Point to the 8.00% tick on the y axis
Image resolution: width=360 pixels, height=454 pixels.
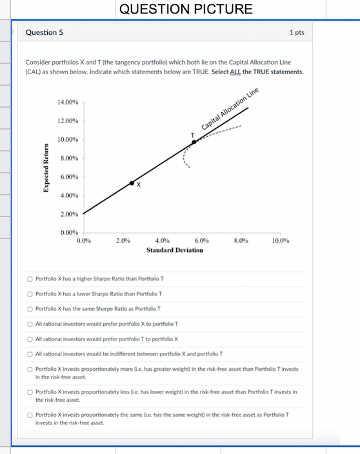pyautogui.click(x=68, y=158)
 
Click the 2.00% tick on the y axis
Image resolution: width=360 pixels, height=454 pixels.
pyautogui.click(x=68, y=213)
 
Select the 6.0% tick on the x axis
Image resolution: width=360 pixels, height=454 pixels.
pyautogui.click(x=201, y=241)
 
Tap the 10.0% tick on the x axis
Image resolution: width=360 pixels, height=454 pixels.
pyautogui.click(x=281, y=241)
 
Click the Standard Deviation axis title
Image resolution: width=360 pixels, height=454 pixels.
pyautogui.click(x=174, y=250)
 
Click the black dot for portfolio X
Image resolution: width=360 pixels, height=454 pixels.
pyautogui.click(x=132, y=183)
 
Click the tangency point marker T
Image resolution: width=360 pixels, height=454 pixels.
pyautogui.click(x=194, y=142)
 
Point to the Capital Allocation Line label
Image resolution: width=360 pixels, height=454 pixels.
pyautogui.click(x=230, y=107)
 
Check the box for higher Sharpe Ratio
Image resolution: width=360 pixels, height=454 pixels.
pyautogui.click(x=30, y=279)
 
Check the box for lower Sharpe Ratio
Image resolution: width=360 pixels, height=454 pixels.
pyautogui.click(x=30, y=293)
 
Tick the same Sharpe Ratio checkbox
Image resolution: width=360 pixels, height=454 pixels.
pyautogui.click(x=30, y=308)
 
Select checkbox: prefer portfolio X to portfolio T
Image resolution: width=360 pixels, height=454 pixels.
pyautogui.click(x=30, y=324)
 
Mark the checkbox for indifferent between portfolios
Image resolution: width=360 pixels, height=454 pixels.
pyautogui.click(x=30, y=353)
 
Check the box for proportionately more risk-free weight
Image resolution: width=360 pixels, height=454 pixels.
pyautogui.click(x=30, y=369)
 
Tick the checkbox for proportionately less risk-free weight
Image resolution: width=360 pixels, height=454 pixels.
pyautogui.click(x=30, y=391)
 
